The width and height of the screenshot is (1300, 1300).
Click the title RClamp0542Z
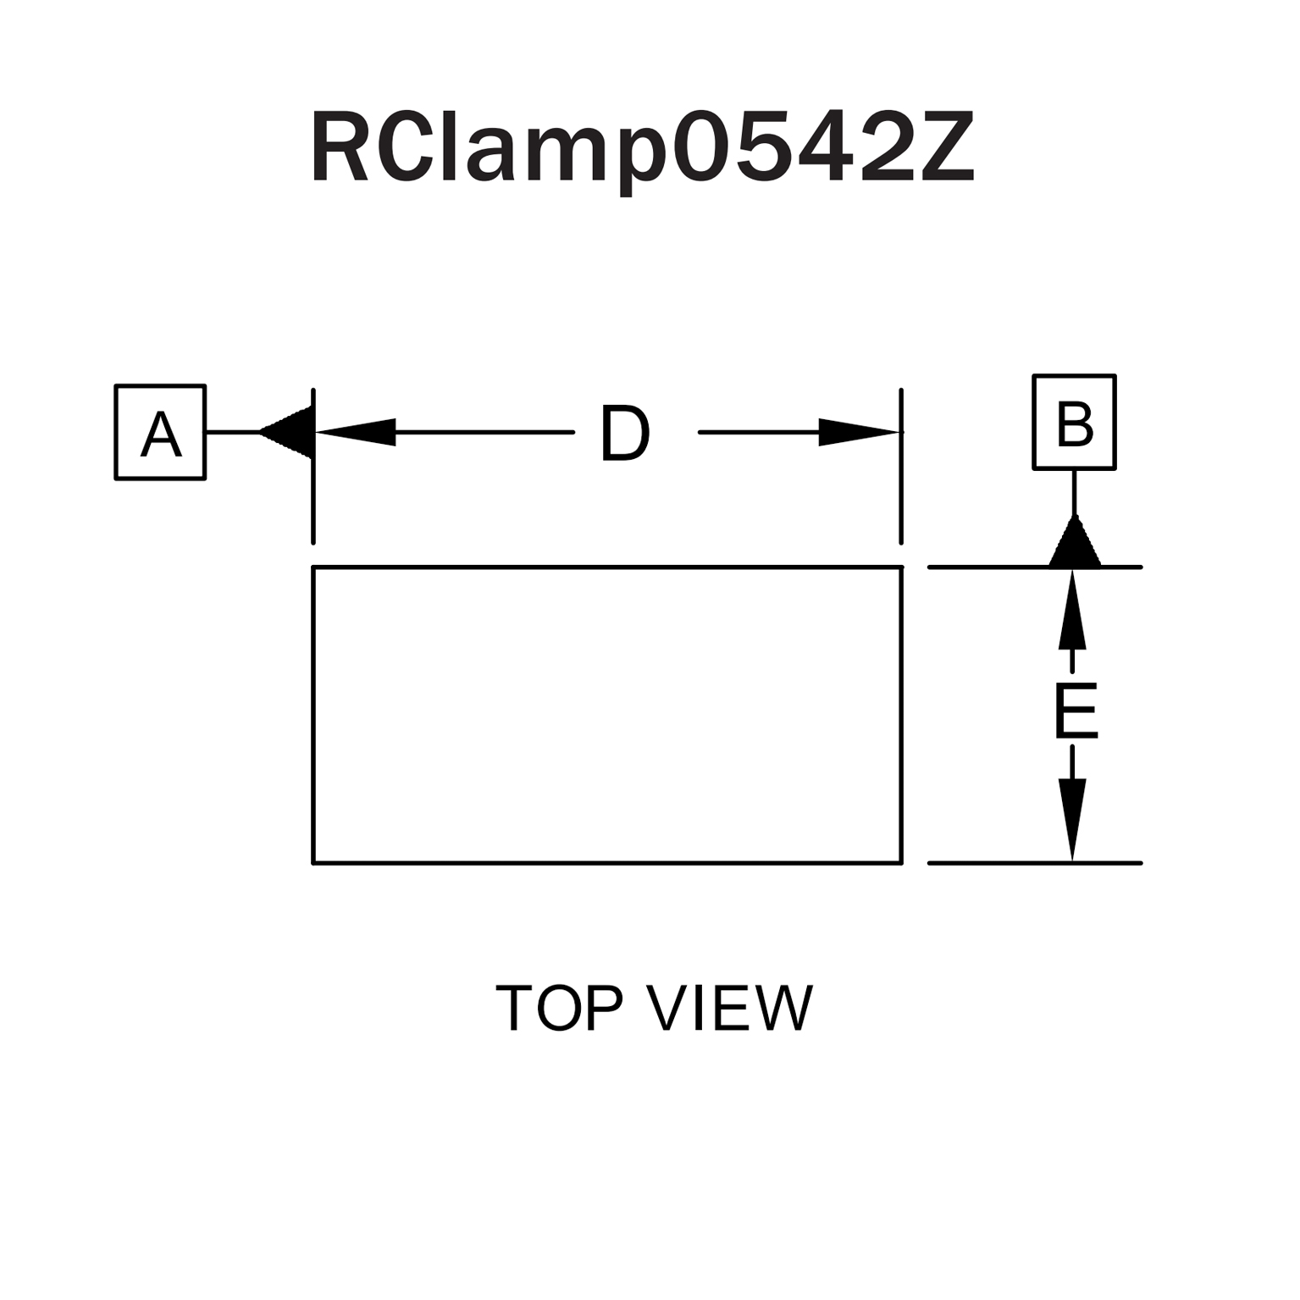644,148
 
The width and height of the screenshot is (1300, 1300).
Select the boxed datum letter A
160,433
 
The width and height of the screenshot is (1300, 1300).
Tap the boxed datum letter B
1074,423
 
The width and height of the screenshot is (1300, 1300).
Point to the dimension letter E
1075,711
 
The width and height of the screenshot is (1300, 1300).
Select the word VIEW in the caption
729,1008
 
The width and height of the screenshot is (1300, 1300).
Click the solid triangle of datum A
290,432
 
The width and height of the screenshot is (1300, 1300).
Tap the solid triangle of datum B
1075,545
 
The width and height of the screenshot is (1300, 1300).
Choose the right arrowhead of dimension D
857,432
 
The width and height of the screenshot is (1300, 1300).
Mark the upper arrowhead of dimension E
1072,609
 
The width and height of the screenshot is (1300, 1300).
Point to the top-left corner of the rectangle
313,567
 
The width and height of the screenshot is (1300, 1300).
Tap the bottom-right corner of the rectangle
901,863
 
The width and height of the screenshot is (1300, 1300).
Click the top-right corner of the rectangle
901,567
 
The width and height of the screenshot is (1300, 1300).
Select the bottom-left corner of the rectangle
313,863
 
